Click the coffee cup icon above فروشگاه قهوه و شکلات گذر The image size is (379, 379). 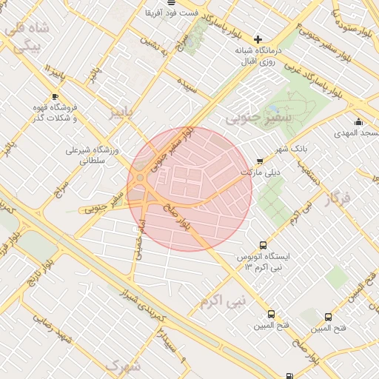pos(55,96)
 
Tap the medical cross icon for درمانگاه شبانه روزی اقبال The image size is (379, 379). pos(258,39)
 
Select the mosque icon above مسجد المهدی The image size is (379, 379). pos(358,122)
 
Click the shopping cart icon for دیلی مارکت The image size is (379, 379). pos(259,161)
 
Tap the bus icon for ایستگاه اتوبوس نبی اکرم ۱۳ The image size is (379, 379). pos(263,245)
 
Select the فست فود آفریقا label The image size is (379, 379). pos(170,13)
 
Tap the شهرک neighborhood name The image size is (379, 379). pos(122,365)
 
